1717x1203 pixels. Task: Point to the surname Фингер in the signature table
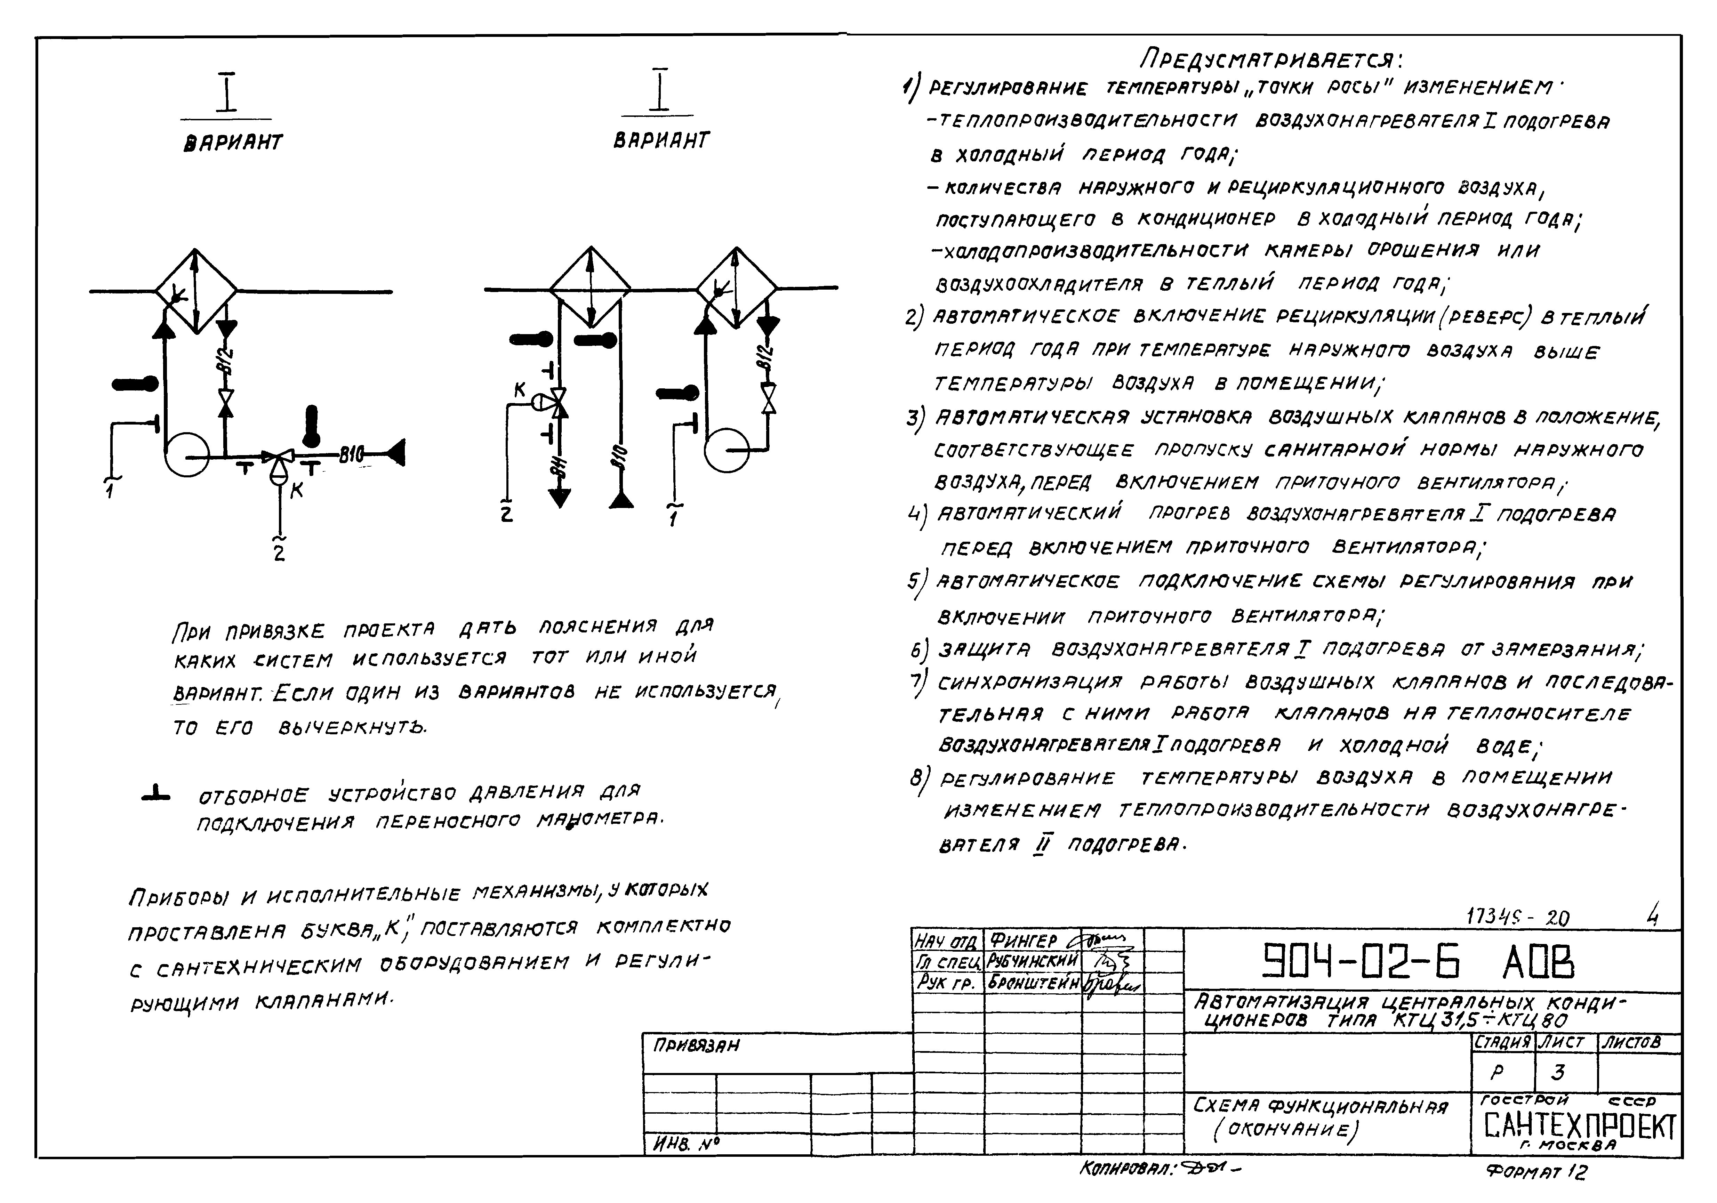coord(1023,940)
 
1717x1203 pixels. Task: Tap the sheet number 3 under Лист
coord(1558,1072)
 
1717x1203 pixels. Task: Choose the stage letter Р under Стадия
coord(1497,1072)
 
